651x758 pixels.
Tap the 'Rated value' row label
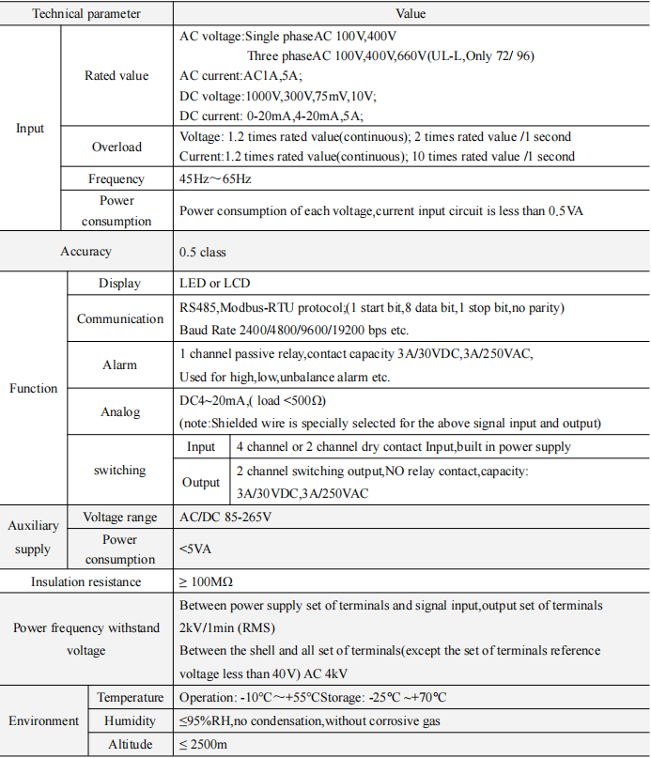tap(116, 75)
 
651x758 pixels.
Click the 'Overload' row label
tap(116, 147)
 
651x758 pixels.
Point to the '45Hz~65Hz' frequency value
tap(215, 178)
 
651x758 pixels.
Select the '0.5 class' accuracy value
tap(203, 252)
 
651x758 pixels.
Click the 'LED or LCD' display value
tap(214, 283)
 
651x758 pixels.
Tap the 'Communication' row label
tap(120, 318)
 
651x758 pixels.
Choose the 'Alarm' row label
tap(119, 364)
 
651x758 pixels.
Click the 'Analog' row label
tap(120, 411)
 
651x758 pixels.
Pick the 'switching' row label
tap(119, 470)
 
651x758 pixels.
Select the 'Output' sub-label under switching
tap(201, 482)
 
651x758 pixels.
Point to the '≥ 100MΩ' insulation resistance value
tap(209, 582)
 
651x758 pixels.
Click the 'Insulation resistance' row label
tap(86, 582)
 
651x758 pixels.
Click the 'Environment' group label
tap(43, 720)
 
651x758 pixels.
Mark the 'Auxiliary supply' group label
tap(33, 537)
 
